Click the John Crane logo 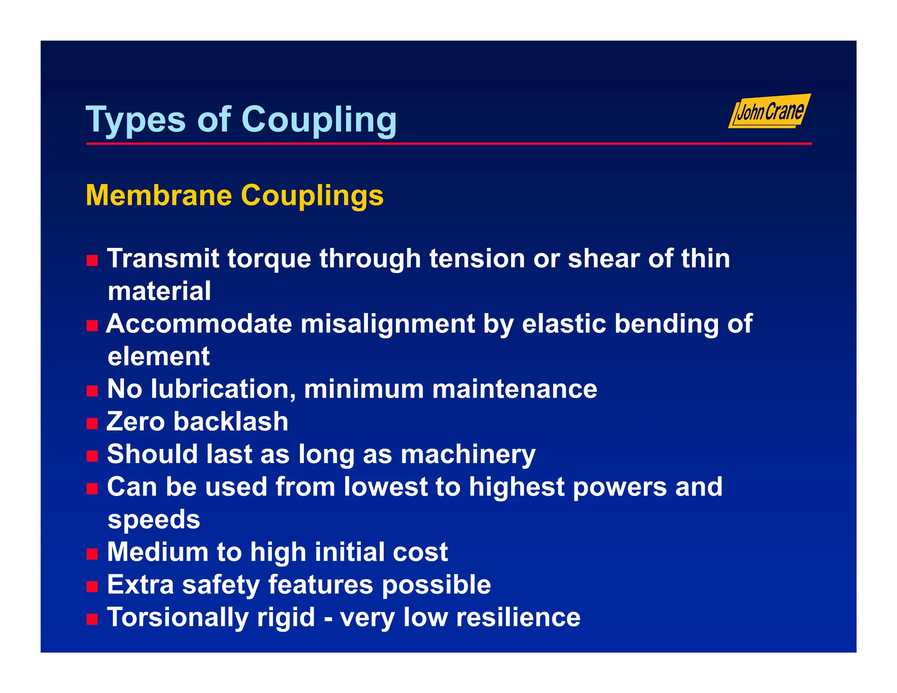pyautogui.click(x=770, y=111)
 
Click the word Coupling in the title pyautogui.click(x=319, y=119)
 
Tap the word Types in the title pyautogui.click(x=136, y=119)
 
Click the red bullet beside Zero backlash pyautogui.click(x=92, y=423)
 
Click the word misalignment pyautogui.click(x=388, y=324)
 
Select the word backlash pyautogui.click(x=230, y=421)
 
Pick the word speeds pyautogui.click(x=154, y=520)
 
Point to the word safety pyautogui.click(x=221, y=585)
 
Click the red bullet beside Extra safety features pyautogui.click(x=92, y=587)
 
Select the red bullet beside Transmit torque pyautogui.click(x=92, y=261)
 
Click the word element pyautogui.click(x=159, y=356)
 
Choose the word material pyautogui.click(x=159, y=291)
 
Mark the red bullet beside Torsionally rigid pyautogui.click(x=92, y=619)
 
